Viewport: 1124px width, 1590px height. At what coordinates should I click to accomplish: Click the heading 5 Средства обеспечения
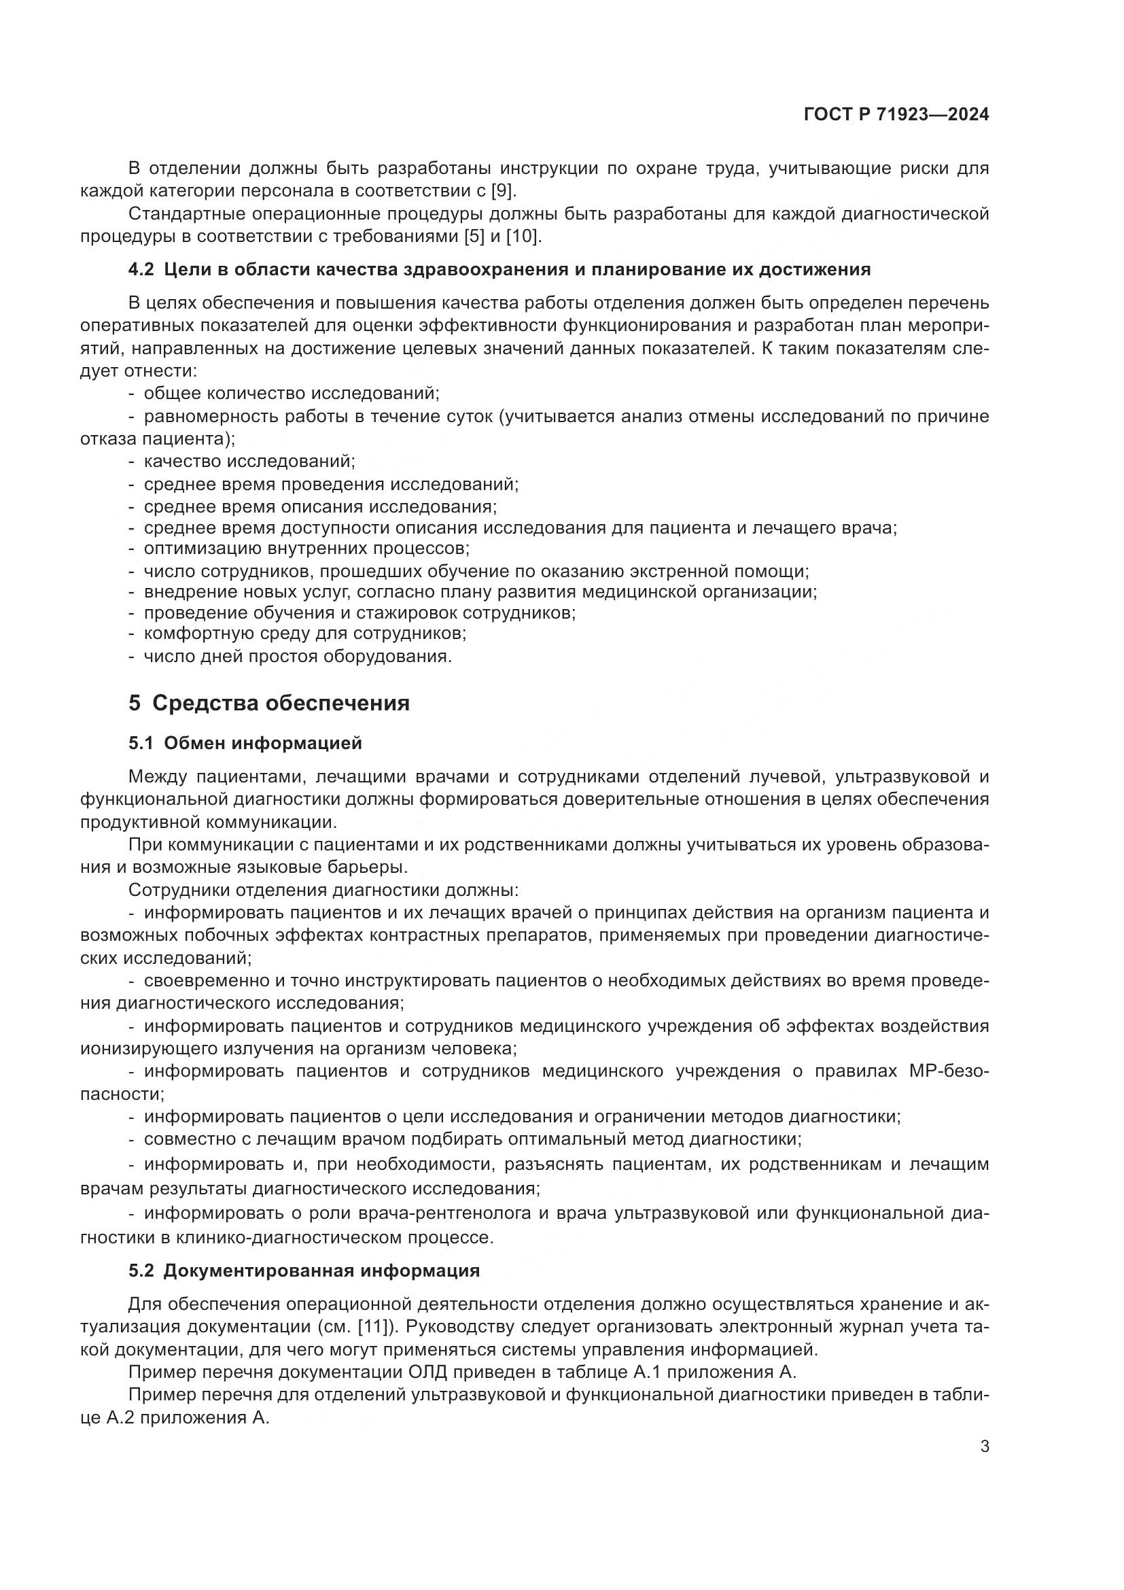[x=269, y=704]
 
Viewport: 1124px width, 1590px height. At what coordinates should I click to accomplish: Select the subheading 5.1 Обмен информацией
[x=245, y=744]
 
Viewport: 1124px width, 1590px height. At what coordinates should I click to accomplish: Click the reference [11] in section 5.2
[x=376, y=1328]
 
